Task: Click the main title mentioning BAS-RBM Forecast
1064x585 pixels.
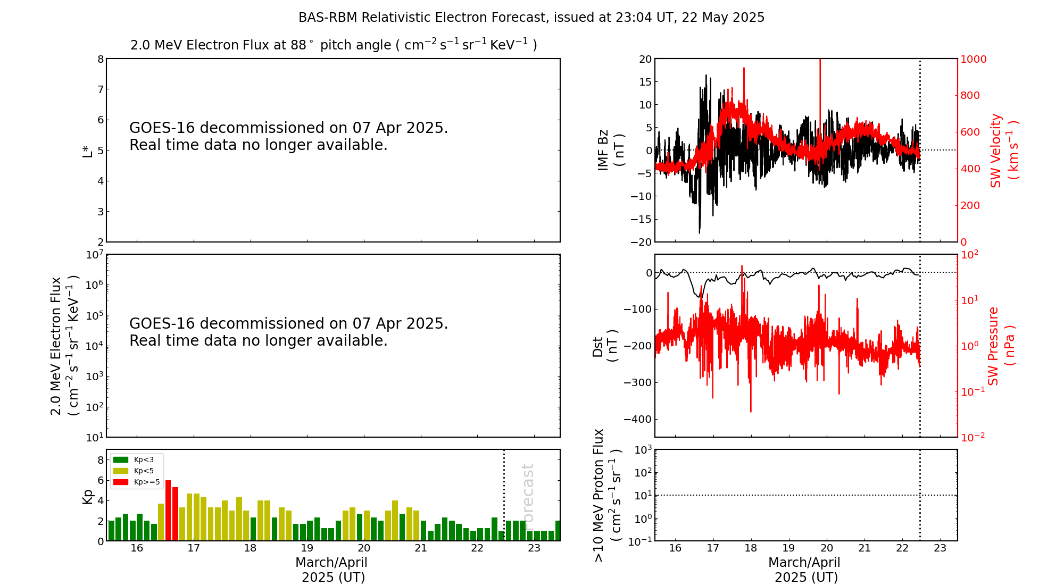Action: [x=531, y=18]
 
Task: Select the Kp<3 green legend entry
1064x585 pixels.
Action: [x=136, y=459]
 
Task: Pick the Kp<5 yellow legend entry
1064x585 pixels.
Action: [x=136, y=471]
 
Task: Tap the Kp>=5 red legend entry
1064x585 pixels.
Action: [x=136, y=482]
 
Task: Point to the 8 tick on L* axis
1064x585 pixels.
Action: [x=100, y=59]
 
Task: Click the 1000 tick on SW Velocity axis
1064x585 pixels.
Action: [x=973, y=59]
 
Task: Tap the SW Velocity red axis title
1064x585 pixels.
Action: [x=1003, y=150]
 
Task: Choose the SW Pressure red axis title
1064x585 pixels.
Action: [x=1001, y=346]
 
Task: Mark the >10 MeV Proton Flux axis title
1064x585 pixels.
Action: [x=606, y=495]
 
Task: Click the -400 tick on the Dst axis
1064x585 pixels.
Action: [x=637, y=419]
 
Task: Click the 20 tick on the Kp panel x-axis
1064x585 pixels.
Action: [x=364, y=548]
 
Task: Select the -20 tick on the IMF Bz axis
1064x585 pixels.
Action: [x=641, y=242]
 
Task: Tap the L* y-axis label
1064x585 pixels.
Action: [x=87, y=150]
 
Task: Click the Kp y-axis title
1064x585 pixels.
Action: [x=87, y=496]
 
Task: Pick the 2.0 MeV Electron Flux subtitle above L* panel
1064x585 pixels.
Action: [x=334, y=45]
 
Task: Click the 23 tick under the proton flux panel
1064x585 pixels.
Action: [x=940, y=548]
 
